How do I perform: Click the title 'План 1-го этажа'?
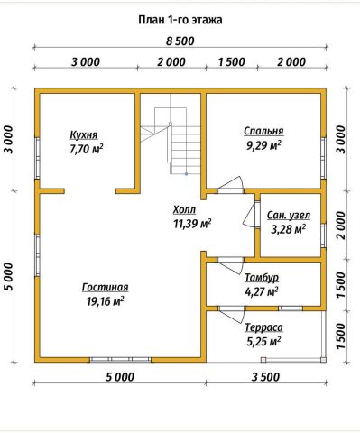point(180,20)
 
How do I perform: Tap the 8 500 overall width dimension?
point(180,41)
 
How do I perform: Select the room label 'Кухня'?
point(84,135)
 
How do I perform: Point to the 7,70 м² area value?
point(87,149)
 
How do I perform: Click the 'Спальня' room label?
point(263,132)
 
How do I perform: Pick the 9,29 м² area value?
point(263,145)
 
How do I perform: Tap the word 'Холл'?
point(184,209)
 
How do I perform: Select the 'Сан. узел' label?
point(289,216)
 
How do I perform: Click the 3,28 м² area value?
point(289,229)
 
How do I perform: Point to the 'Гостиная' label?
point(106,287)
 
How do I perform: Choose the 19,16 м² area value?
point(106,301)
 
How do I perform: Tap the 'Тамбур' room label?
point(262,278)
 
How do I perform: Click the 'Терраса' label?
point(263,327)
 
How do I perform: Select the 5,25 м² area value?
point(263,342)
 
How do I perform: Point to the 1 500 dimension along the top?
point(232,62)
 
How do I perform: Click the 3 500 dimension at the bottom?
point(266,377)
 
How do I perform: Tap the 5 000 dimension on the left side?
point(9,276)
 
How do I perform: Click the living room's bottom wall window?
point(120,359)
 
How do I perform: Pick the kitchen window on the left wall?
point(37,159)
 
